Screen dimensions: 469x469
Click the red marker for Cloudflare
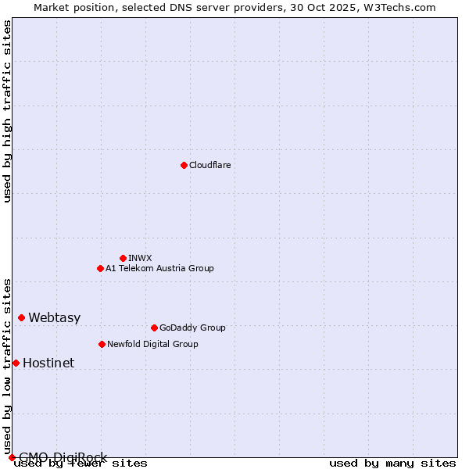click(x=184, y=165)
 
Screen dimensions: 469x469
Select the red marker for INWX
click(x=123, y=258)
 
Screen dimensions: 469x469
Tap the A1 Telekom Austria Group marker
click(x=100, y=268)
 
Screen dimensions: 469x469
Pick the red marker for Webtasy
click(x=21, y=317)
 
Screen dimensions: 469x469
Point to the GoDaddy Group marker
click(x=154, y=328)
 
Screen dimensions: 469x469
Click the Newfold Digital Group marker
click(x=102, y=344)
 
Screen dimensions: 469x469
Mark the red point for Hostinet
click(x=16, y=363)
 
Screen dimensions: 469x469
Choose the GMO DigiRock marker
click(x=12, y=457)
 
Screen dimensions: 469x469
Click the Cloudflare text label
click(x=209, y=165)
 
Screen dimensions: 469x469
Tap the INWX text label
click(x=140, y=258)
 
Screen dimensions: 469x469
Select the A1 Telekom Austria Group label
click(x=159, y=268)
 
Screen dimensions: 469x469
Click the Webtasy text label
click(x=54, y=317)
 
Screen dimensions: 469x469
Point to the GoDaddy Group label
click(x=192, y=328)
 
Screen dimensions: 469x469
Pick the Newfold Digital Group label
click(x=152, y=344)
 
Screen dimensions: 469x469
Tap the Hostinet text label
click(x=48, y=363)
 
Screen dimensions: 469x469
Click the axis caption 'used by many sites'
click(x=392, y=463)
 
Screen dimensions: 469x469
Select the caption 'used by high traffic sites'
click(x=7, y=111)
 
